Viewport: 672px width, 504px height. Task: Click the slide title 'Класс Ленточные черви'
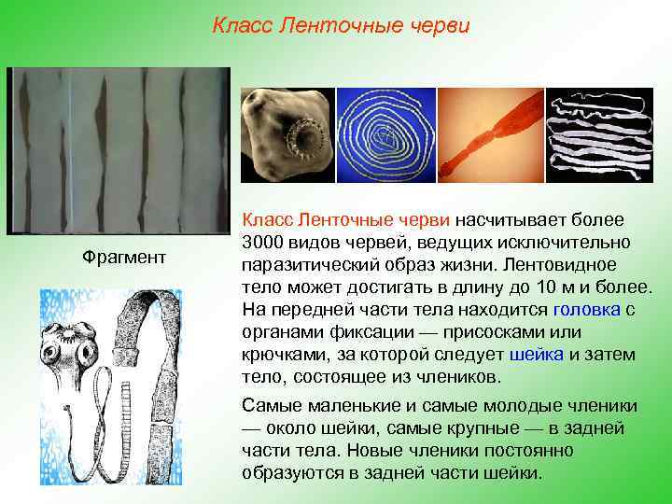pyautogui.click(x=341, y=24)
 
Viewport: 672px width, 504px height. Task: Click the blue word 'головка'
pyautogui.click(x=587, y=311)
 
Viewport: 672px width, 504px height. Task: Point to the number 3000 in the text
pyautogui.click(x=262, y=243)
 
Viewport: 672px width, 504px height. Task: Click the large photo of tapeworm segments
pyautogui.click(x=119, y=149)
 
